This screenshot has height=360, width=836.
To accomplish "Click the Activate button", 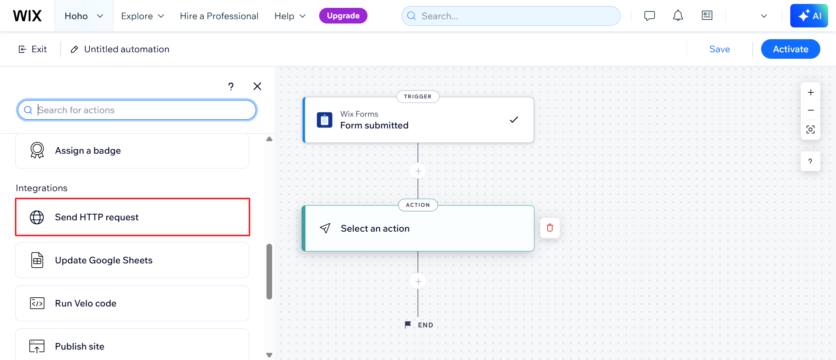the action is coord(790,49).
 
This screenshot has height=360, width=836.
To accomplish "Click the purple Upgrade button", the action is coord(343,16).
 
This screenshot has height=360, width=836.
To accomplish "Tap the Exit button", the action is coord(33,49).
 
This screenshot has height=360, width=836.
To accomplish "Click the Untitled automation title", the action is coord(126,49).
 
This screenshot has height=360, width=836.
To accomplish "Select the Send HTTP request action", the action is coord(132,217).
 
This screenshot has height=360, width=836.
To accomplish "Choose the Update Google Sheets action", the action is coord(132,260).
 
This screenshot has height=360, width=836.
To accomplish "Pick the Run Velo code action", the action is coord(132,303).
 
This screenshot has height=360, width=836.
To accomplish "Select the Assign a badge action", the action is coord(132,151).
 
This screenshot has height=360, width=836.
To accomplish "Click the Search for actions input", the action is coord(137,110).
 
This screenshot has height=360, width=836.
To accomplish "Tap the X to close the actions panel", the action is coord(257,86).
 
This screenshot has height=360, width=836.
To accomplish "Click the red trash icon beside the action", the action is coord(550,228).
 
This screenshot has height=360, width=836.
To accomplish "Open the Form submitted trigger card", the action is coord(418,120).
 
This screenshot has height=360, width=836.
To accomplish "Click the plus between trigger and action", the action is coord(418,171).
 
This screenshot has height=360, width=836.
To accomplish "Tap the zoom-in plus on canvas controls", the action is coord(811,92).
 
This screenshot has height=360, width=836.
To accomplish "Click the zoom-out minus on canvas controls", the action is coord(811,111).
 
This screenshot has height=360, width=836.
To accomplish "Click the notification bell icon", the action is coord(678,16).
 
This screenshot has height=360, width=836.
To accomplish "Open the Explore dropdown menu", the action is coord(143,16).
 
